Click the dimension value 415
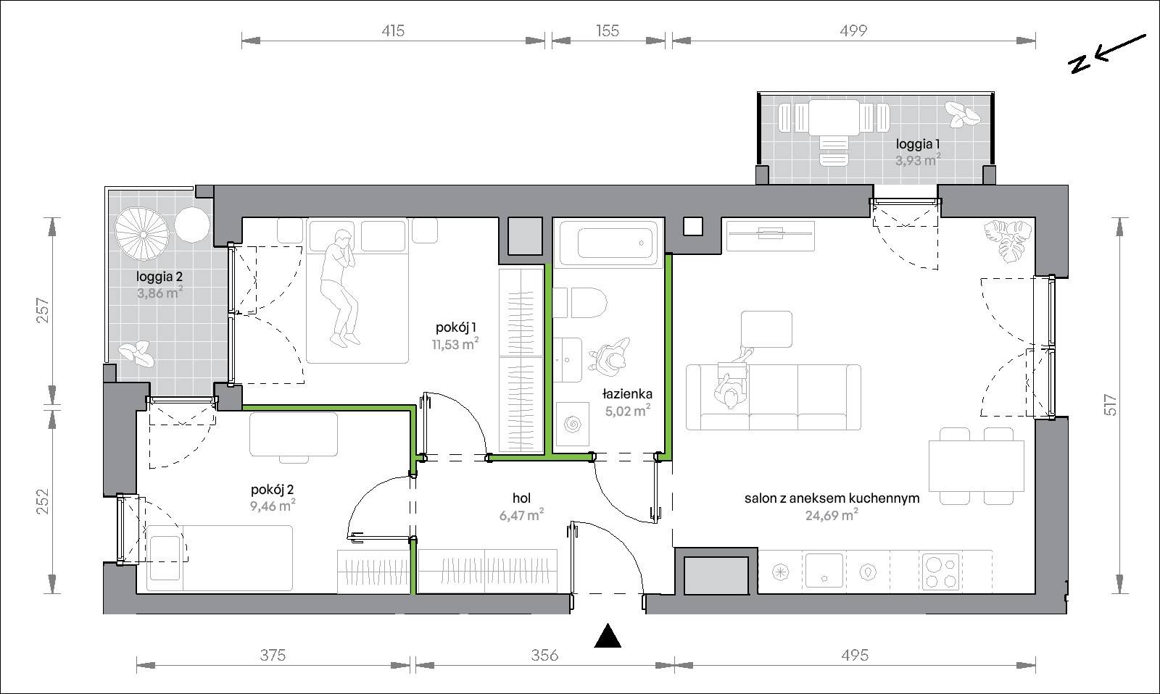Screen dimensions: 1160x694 coord(393,31)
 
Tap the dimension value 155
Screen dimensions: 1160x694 coord(608,31)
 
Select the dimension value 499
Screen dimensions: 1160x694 coord(853,31)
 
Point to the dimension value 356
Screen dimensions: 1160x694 coord(544,656)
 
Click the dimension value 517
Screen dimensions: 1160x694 coord(1110,405)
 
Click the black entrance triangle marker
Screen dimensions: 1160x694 coord(608,636)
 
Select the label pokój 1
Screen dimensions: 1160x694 coord(456,327)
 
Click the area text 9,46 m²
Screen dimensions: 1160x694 coord(273,505)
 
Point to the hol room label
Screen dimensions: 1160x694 coord(521,498)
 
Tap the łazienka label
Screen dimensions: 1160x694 coord(627,394)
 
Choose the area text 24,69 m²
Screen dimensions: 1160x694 coord(832,515)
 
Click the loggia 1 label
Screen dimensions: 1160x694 coord(918,144)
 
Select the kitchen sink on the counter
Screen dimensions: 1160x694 coord(824,570)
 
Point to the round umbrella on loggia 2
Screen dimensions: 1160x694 coord(142,235)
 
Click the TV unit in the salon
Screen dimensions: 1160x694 coord(770,235)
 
